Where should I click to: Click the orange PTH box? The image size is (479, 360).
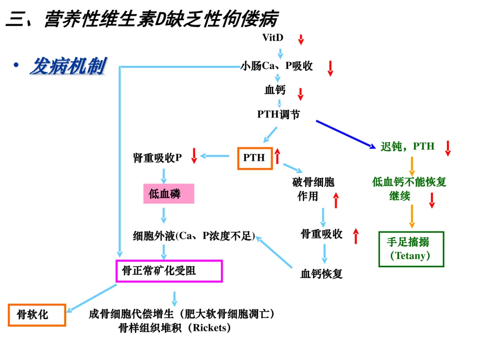254,158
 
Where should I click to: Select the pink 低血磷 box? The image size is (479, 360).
169,194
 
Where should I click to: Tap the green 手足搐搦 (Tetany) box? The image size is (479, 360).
411,249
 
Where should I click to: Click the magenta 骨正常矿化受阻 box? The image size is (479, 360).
169,271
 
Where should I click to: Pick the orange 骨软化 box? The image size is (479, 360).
37,315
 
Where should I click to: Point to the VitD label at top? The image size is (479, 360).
273,37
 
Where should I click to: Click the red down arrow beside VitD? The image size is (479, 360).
301,40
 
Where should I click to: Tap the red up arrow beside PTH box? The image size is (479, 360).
278,156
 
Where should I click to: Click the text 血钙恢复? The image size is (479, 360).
322,274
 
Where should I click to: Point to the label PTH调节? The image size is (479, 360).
279,115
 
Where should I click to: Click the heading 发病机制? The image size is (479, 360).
67,67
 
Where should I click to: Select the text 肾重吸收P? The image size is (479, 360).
157,158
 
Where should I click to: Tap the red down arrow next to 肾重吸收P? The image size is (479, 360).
194,156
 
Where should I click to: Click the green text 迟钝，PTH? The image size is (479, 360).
408,146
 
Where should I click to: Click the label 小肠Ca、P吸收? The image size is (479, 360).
277,66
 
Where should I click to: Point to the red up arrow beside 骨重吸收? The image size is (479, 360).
356,236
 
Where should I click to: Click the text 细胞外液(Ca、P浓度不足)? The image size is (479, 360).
194,236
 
